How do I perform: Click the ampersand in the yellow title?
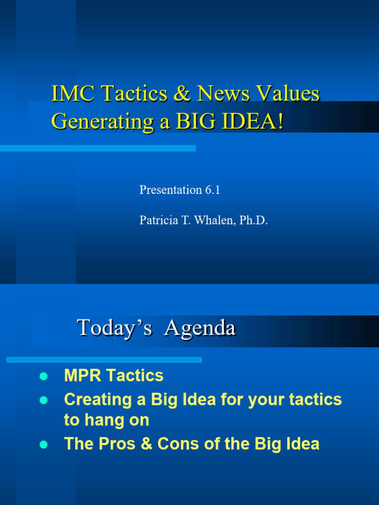[x=181, y=94]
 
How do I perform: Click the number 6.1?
[x=212, y=190]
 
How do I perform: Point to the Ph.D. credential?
[x=253, y=220]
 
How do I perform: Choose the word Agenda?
[x=200, y=328]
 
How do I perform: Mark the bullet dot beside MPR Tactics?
[x=43, y=376]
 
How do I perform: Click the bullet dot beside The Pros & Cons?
[x=43, y=444]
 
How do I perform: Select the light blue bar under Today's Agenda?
[x=104, y=360]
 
